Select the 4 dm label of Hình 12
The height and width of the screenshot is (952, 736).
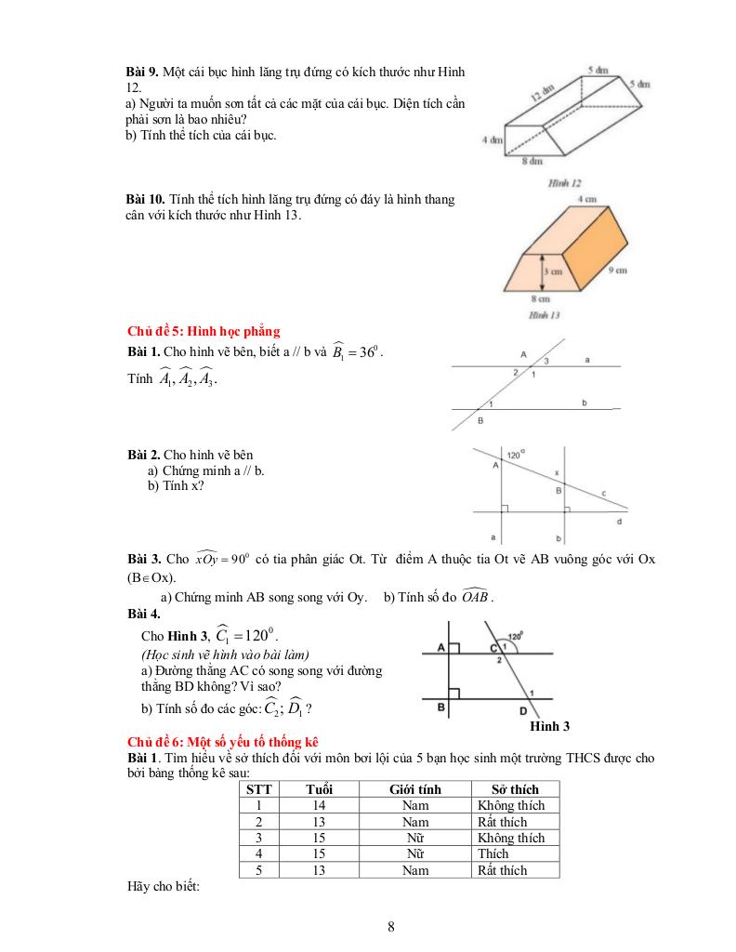[x=492, y=140]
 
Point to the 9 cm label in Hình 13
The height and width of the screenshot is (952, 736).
[x=616, y=270]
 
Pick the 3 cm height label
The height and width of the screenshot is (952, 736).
[x=554, y=271]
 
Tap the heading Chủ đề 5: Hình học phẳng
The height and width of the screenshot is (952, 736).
[x=203, y=331]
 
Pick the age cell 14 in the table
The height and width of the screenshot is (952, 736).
[x=319, y=805]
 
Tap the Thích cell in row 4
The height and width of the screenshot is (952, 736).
[x=493, y=853]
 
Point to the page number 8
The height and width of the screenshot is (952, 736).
[x=391, y=926]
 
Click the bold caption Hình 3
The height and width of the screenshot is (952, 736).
[x=549, y=725]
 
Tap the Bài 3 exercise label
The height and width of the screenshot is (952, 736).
[x=144, y=561]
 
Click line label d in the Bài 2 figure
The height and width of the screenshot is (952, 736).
[x=620, y=522]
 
